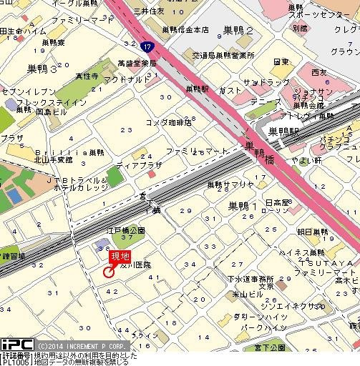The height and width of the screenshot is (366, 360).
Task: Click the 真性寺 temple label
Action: pyautogui.click(x=87, y=74)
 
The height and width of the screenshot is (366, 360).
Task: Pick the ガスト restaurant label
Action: pyautogui.click(x=230, y=91)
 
